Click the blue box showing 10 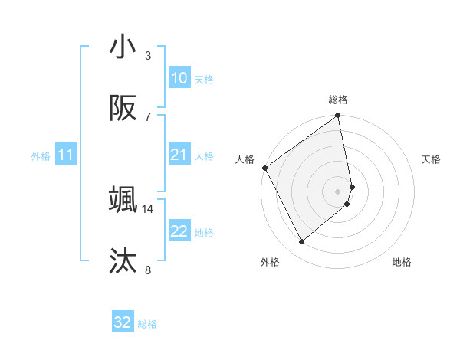pyautogui.click(x=179, y=78)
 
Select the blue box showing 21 pyautogui.click(x=179, y=155)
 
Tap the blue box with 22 pyautogui.click(x=179, y=231)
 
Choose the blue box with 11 pyautogui.click(x=65, y=155)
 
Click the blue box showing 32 pyautogui.click(x=123, y=322)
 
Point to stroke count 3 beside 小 pyautogui.click(x=148, y=56)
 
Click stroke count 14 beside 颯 pyautogui.click(x=148, y=208)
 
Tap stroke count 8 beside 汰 pyautogui.click(x=148, y=270)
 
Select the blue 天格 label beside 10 pyautogui.click(x=204, y=79)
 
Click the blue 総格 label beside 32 pyautogui.click(x=147, y=324)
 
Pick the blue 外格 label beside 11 pyautogui.click(x=41, y=156)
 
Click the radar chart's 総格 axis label pyautogui.click(x=338, y=100)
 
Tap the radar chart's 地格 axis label pyautogui.click(x=402, y=262)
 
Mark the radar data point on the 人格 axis pyautogui.click(x=264, y=168)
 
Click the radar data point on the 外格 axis pyautogui.click(x=301, y=242)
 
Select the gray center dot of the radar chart pyautogui.click(x=338, y=191)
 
